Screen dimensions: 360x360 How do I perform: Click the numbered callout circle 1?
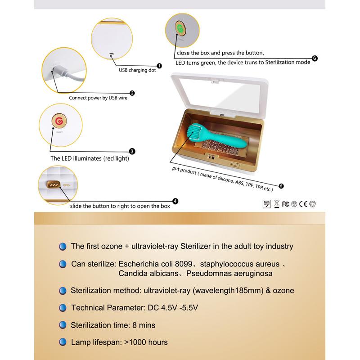coord(159,66)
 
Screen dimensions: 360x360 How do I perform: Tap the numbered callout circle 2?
coord(132,93)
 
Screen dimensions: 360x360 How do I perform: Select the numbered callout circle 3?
coord(132,151)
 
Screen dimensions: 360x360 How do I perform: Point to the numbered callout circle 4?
coord(175,201)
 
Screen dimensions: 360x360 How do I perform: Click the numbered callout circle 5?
coord(281,186)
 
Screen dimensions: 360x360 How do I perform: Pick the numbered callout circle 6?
coord(315,58)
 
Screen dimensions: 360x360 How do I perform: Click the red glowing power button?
coord(59,121)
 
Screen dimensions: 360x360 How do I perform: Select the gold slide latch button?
coord(54,184)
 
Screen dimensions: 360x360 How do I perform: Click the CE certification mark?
coord(303,204)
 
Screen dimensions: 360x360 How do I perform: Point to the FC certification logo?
coord(286,204)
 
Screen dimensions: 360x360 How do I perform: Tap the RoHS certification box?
coord(266,204)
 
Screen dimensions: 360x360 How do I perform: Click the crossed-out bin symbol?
coord(277,204)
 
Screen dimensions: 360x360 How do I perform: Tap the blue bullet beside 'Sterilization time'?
coord(63,325)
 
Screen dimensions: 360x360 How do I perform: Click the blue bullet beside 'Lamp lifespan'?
coord(63,342)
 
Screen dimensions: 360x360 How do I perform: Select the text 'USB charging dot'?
coord(137,70)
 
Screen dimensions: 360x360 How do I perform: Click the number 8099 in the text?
coord(184,264)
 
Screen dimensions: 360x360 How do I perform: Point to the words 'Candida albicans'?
coord(148,274)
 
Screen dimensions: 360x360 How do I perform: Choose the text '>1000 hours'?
coord(146,342)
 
